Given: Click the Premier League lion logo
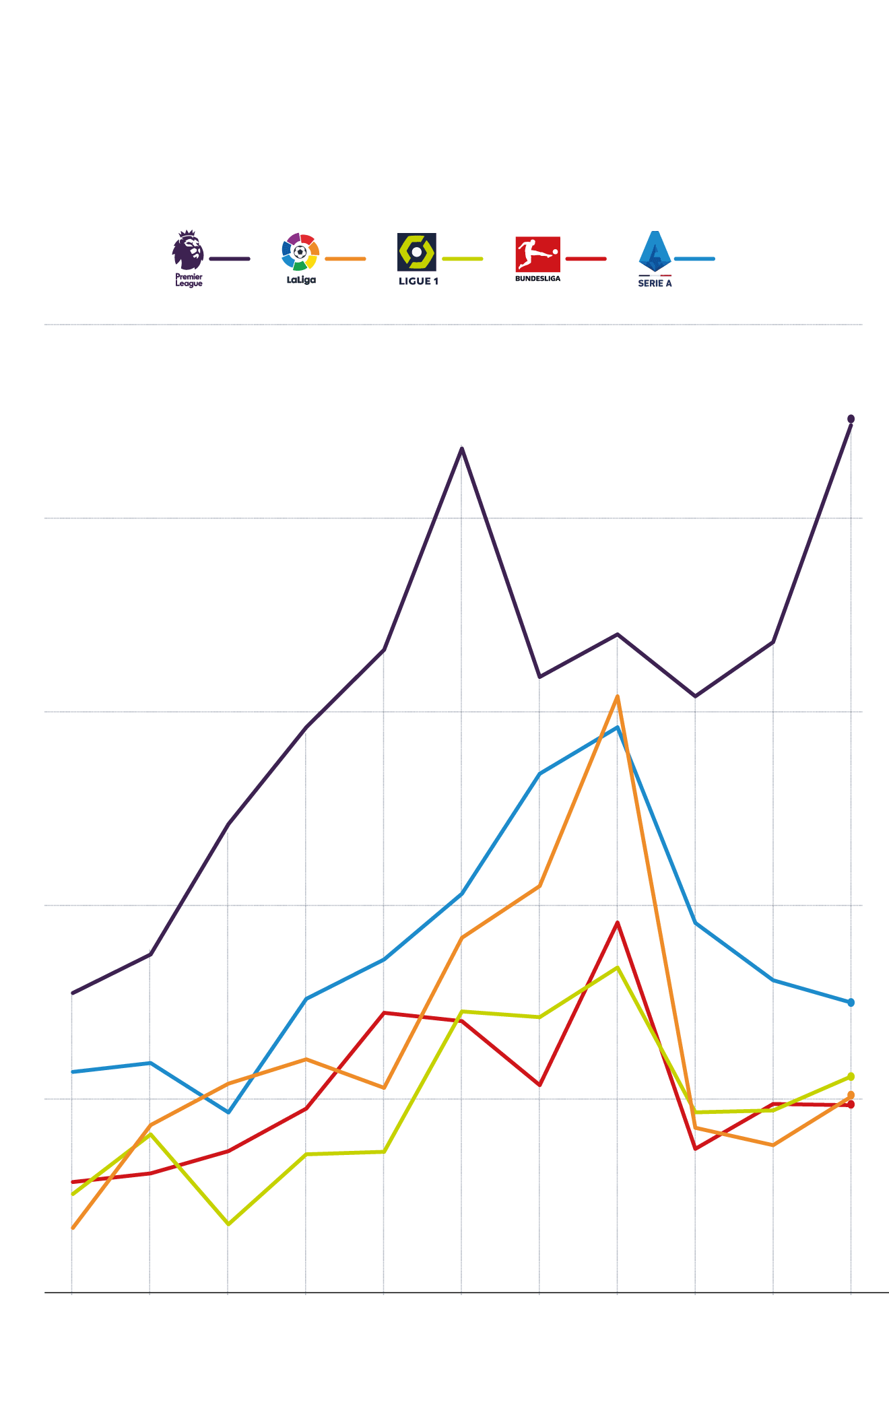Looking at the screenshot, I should [188, 250].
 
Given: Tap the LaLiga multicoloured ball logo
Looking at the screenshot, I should [300, 252].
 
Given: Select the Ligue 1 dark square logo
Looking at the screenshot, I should [417, 252].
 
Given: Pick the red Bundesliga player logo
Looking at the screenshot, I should [537, 254].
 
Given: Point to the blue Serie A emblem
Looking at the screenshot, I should [655, 251].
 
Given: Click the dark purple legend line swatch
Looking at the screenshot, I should [230, 259].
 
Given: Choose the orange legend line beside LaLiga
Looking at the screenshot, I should [345, 259].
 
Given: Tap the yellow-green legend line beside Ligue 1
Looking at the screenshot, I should [463, 259].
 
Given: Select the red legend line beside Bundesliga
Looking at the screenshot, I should [586, 259].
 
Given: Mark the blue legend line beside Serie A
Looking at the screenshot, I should [694, 259].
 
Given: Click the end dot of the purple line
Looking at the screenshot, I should [851, 419].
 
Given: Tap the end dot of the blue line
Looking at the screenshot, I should [851, 1003].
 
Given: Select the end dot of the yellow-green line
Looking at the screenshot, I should [851, 1077].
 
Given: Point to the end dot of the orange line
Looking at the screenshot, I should [851, 1096].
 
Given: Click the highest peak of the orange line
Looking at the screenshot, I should [617, 697].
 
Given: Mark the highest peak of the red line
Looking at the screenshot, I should [617, 923].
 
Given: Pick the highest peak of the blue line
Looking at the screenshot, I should [617, 727].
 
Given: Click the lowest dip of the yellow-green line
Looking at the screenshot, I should [228, 1224].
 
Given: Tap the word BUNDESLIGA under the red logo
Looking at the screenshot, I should [537, 279].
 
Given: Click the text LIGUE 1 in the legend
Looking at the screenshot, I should [418, 281].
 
